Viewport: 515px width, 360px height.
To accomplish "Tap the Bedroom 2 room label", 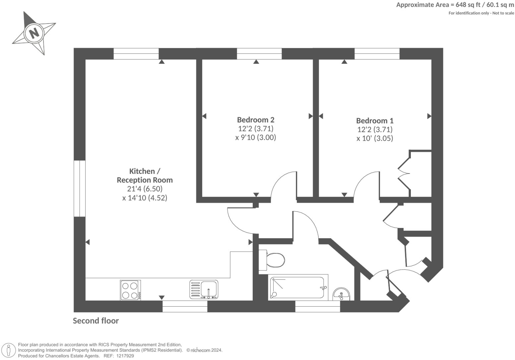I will (x=255, y=120).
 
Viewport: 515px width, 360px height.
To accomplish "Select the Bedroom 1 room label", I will (x=375, y=121).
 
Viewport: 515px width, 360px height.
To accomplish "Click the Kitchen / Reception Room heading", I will (x=145, y=176).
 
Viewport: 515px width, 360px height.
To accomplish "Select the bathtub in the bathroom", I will (x=297, y=288).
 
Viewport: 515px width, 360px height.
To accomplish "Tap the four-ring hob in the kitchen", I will (x=130, y=290).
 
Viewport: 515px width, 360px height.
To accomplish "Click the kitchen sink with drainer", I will (x=204, y=289).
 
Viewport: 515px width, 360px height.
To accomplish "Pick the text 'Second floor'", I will (x=96, y=321).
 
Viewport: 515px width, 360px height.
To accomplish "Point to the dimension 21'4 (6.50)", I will (x=145, y=189).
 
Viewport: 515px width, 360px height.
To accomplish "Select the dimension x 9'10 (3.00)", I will (x=255, y=137).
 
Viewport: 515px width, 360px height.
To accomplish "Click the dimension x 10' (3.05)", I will (x=375, y=138).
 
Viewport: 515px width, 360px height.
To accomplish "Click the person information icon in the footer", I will (x=9, y=350).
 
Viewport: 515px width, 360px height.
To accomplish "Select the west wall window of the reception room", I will (x=80, y=188).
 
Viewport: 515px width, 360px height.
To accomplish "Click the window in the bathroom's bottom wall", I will (x=317, y=306).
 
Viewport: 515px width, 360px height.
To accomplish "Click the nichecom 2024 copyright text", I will (x=204, y=350).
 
